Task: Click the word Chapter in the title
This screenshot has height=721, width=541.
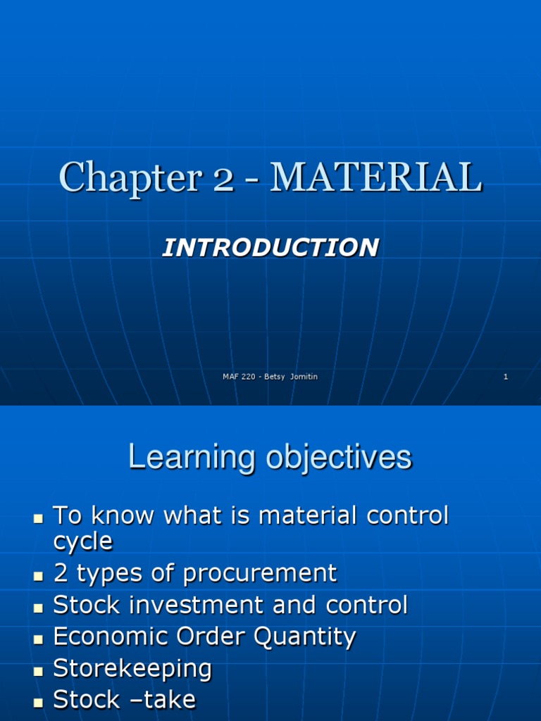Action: (130, 178)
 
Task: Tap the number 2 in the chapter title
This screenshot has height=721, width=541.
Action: (223, 180)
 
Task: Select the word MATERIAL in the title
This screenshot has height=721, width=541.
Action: (376, 177)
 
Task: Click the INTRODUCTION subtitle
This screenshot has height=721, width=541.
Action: (270, 247)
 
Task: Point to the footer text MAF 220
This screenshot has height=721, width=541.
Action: (239, 377)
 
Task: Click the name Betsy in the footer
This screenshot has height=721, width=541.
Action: (275, 377)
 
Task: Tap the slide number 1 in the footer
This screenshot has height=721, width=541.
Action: (506, 377)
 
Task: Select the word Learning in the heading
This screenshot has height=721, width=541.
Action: (192, 458)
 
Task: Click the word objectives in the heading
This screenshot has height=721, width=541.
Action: (339, 458)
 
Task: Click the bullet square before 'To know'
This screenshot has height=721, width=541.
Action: (38, 519)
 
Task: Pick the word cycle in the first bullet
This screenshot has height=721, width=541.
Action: (83, 541)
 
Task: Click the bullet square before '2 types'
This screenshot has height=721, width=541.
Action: (38, 577)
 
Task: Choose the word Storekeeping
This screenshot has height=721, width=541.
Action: (132, 669)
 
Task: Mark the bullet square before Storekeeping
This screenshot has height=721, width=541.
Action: (38, 671)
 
